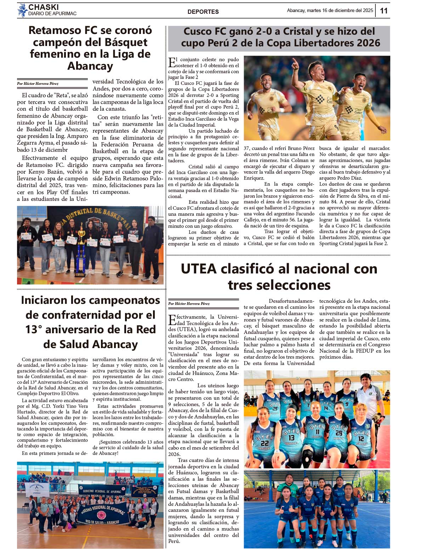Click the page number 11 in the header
coord(384,11)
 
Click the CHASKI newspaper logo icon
coord(22,10)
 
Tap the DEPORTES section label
coord(203,12)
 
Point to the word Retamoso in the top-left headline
coord(57,30)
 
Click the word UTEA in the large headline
coord(198,269)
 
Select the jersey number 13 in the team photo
coord(291,438)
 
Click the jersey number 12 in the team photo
coord(361,439)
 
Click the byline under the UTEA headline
coord(189,304)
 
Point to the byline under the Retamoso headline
coord(38,84)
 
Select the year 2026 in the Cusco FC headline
coord(367,43)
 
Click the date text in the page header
coord(330,11)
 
